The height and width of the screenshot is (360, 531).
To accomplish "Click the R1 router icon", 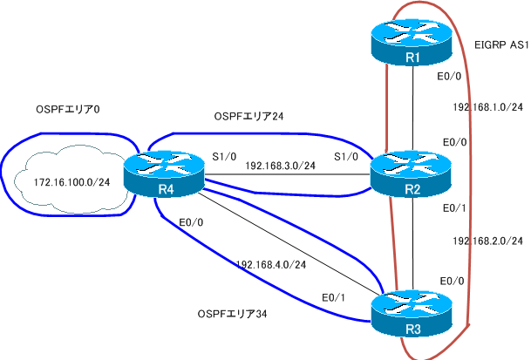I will pos(411,45).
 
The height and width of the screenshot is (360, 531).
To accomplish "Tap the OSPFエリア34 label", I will pos(233,313).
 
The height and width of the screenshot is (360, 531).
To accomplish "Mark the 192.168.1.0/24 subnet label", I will pos(488,107).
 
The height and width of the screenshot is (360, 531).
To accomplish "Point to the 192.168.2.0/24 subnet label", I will pos(488,240).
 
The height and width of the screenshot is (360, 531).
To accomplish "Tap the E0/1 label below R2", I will pos(455,208).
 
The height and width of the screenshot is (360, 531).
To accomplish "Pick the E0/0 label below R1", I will pos(449,78).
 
